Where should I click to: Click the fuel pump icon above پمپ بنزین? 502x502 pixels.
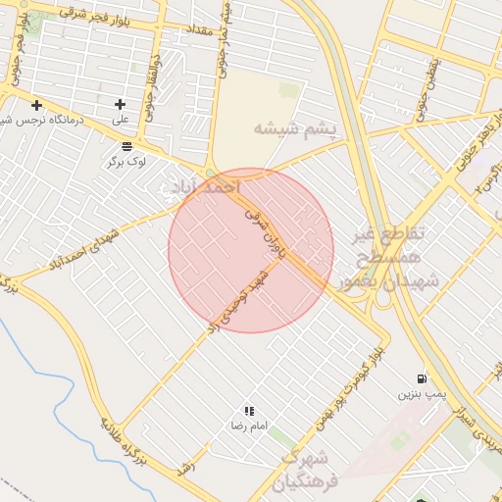click(422, 377)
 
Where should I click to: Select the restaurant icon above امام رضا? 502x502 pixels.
click(249, 411)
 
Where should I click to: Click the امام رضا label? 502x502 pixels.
click(243, 427)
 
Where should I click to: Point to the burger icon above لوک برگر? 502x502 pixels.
click(127, 146)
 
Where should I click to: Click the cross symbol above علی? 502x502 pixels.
click(121, 104)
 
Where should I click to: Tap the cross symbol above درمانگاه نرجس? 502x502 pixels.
click(36, 105)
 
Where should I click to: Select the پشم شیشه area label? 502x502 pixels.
click(294, 128)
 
